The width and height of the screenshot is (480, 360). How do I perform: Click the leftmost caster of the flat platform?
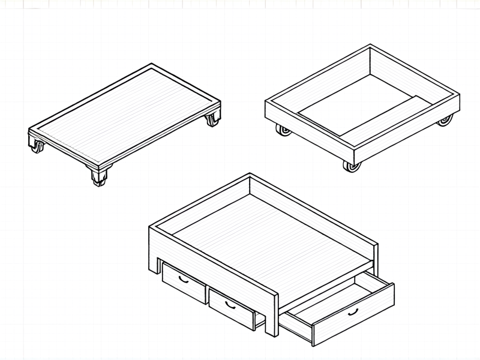37,146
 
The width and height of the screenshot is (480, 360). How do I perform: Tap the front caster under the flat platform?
100,176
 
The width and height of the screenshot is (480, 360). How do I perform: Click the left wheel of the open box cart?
282,130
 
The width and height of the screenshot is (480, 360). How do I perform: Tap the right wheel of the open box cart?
444,121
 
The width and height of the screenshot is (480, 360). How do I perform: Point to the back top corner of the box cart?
370,47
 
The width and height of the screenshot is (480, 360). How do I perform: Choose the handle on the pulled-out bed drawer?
353,311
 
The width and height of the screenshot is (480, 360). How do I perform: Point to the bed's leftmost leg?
153,252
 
